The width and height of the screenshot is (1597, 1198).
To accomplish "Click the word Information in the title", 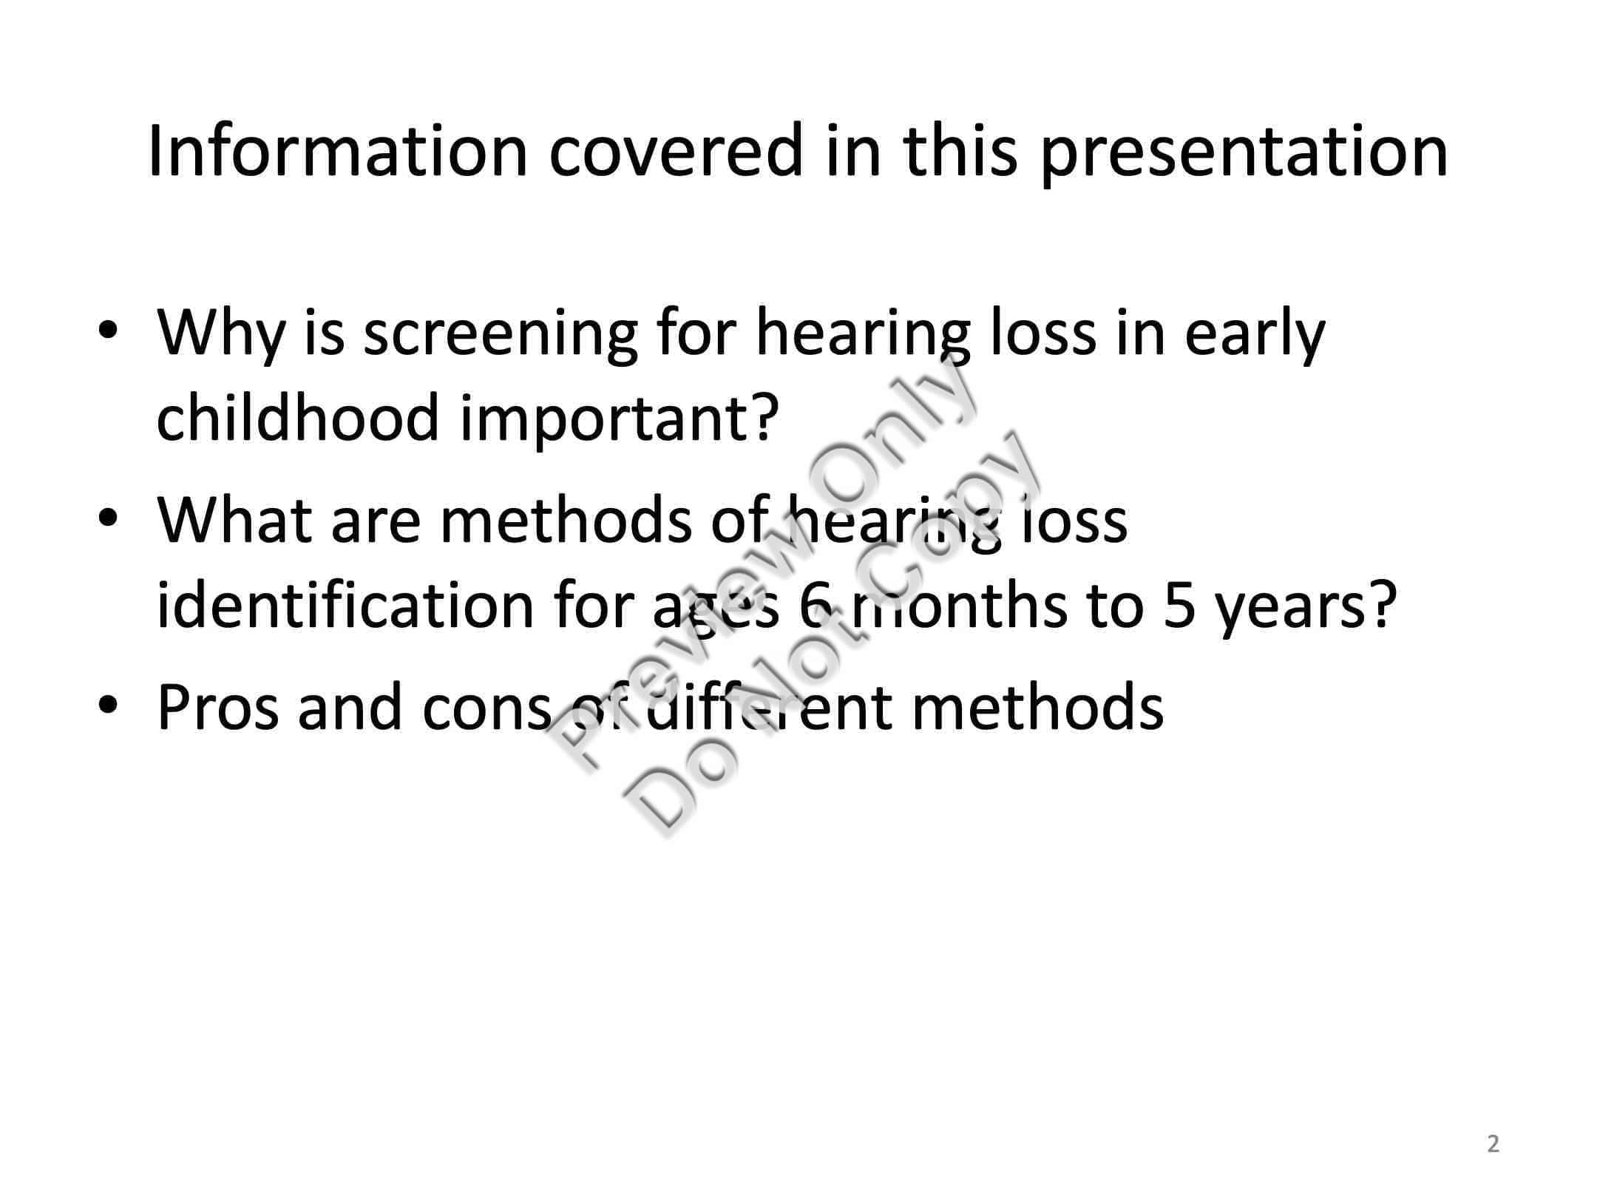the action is pyautogui.click(x=337, y=151).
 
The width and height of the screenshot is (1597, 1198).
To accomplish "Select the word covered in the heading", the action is pyautogui.click(x=675, y=151).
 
